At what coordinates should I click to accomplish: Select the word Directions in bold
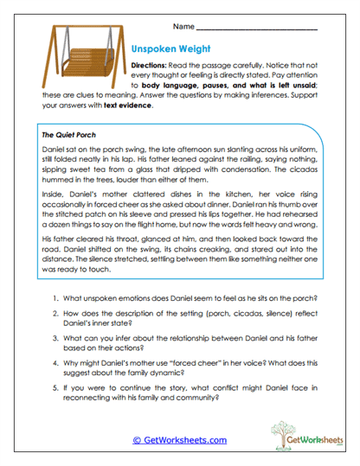point(149,67)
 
